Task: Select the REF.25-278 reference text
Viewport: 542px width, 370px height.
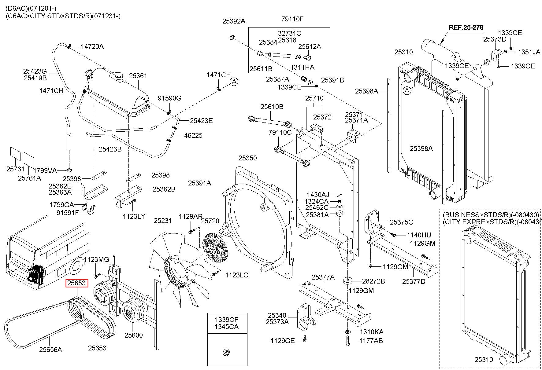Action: point(466,27)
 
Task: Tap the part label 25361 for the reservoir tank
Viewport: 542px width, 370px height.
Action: point(138,76)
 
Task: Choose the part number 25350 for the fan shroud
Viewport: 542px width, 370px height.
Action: point(248,158)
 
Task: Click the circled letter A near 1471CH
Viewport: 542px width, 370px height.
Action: point(234,82)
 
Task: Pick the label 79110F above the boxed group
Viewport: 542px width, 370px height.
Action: point(292,19)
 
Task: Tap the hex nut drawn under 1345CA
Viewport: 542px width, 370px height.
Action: point(227,352)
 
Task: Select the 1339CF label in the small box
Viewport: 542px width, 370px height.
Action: point(226,320)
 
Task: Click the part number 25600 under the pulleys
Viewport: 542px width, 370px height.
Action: point(133,335)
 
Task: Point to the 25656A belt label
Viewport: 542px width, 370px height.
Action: point(50,349)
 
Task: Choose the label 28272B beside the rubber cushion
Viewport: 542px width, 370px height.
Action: point(373,281)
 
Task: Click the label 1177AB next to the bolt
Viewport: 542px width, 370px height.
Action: point(371,341)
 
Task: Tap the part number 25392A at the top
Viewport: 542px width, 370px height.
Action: point(234,21)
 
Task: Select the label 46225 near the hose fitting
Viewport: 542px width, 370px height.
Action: point(193,135)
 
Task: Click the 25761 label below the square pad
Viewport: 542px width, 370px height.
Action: point(15,169)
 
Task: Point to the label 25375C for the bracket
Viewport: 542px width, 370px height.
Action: point(401,222)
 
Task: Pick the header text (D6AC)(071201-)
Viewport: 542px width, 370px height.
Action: point(31,9)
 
